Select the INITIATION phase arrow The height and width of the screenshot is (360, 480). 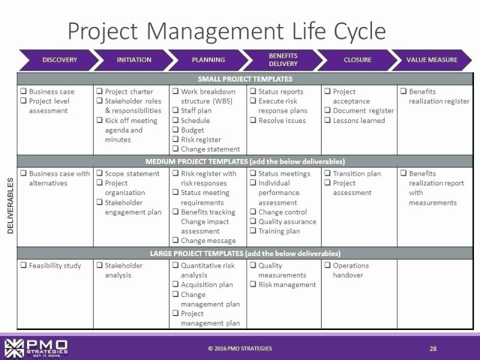(134, 60)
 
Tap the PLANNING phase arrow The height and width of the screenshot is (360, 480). (208, 60)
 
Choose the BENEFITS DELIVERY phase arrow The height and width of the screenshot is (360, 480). (283, 60)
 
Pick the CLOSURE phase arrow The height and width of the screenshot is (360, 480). (357, 60)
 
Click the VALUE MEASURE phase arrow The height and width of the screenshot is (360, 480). (431, 60)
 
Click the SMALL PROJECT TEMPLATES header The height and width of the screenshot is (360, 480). (245, 79)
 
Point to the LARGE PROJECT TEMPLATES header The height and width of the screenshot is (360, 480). (245, 253)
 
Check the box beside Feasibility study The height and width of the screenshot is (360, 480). (22, 266)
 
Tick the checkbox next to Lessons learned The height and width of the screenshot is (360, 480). (327, 121)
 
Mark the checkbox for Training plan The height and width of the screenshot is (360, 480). (253, 231)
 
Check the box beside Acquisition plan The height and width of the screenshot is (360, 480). (175, 285)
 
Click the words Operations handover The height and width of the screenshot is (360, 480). (350, 270)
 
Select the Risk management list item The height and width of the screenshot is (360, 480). (287, 284)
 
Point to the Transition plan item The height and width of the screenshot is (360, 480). (356, 173)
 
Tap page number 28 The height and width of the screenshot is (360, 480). (433, 349)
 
